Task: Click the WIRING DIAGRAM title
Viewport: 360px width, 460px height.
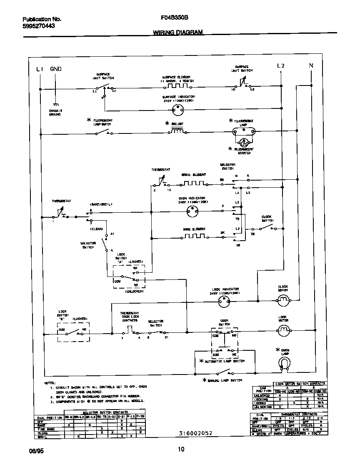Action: (x=178, y=32)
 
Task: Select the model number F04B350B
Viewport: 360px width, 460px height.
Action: (x=175, y=18)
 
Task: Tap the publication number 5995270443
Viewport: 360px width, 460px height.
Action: (x=38, y=26)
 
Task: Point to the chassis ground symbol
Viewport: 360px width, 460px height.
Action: (x=55, y=105)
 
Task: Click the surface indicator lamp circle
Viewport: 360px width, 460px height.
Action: (x=178, y=109)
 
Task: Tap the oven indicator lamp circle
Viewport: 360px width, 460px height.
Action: (x=192, y=212)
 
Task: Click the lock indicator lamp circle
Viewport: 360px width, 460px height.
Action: (x=224, y=303)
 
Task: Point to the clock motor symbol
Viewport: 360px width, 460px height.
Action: (x=283, y=299)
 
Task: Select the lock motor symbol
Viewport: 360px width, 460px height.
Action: (x=283, y=331)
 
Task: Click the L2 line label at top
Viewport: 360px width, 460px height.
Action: (x=281, y=65)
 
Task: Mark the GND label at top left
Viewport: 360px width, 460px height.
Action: (x=56, y=69)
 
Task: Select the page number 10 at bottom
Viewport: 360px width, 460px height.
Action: (x=181, y=449)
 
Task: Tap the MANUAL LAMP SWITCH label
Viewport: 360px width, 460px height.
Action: (x=224, y=380)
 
